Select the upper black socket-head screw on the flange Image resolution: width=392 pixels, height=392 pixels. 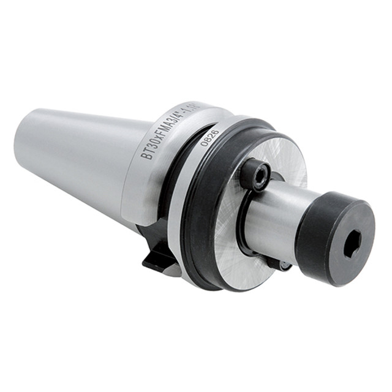pos(254,175)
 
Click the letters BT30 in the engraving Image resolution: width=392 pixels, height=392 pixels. pos(151,146)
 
